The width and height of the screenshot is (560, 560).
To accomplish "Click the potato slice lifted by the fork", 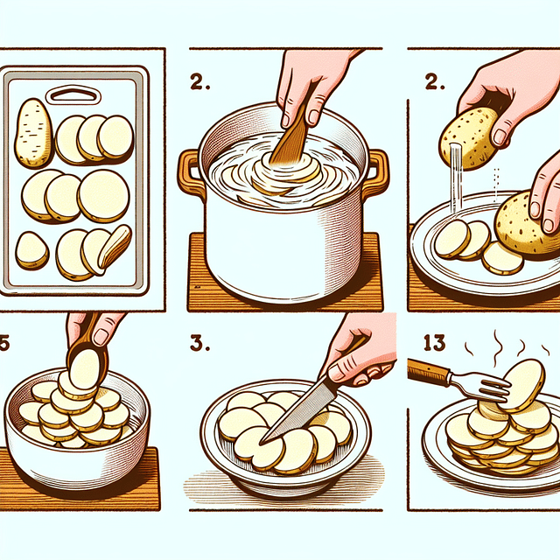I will click(x=521, y=385).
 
